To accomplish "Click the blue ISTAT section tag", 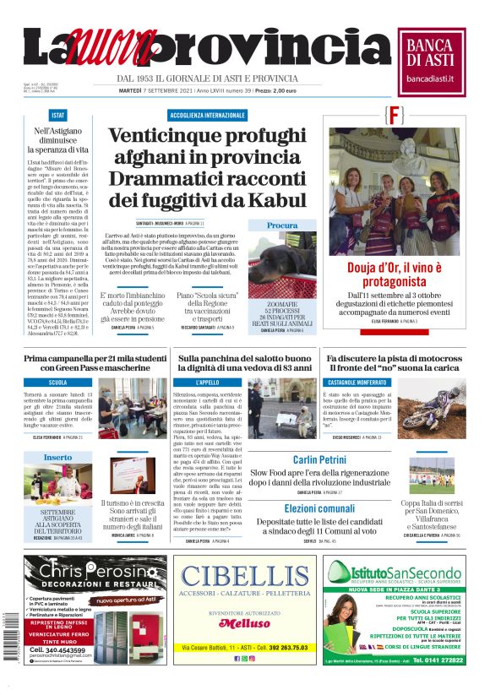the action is point(58,115).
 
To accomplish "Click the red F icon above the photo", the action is point(369,115).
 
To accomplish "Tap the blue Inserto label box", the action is point(58,457).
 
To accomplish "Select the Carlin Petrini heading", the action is point(320,460).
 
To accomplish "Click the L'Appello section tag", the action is point(206,383).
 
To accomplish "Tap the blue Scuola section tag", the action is point(58,383).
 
